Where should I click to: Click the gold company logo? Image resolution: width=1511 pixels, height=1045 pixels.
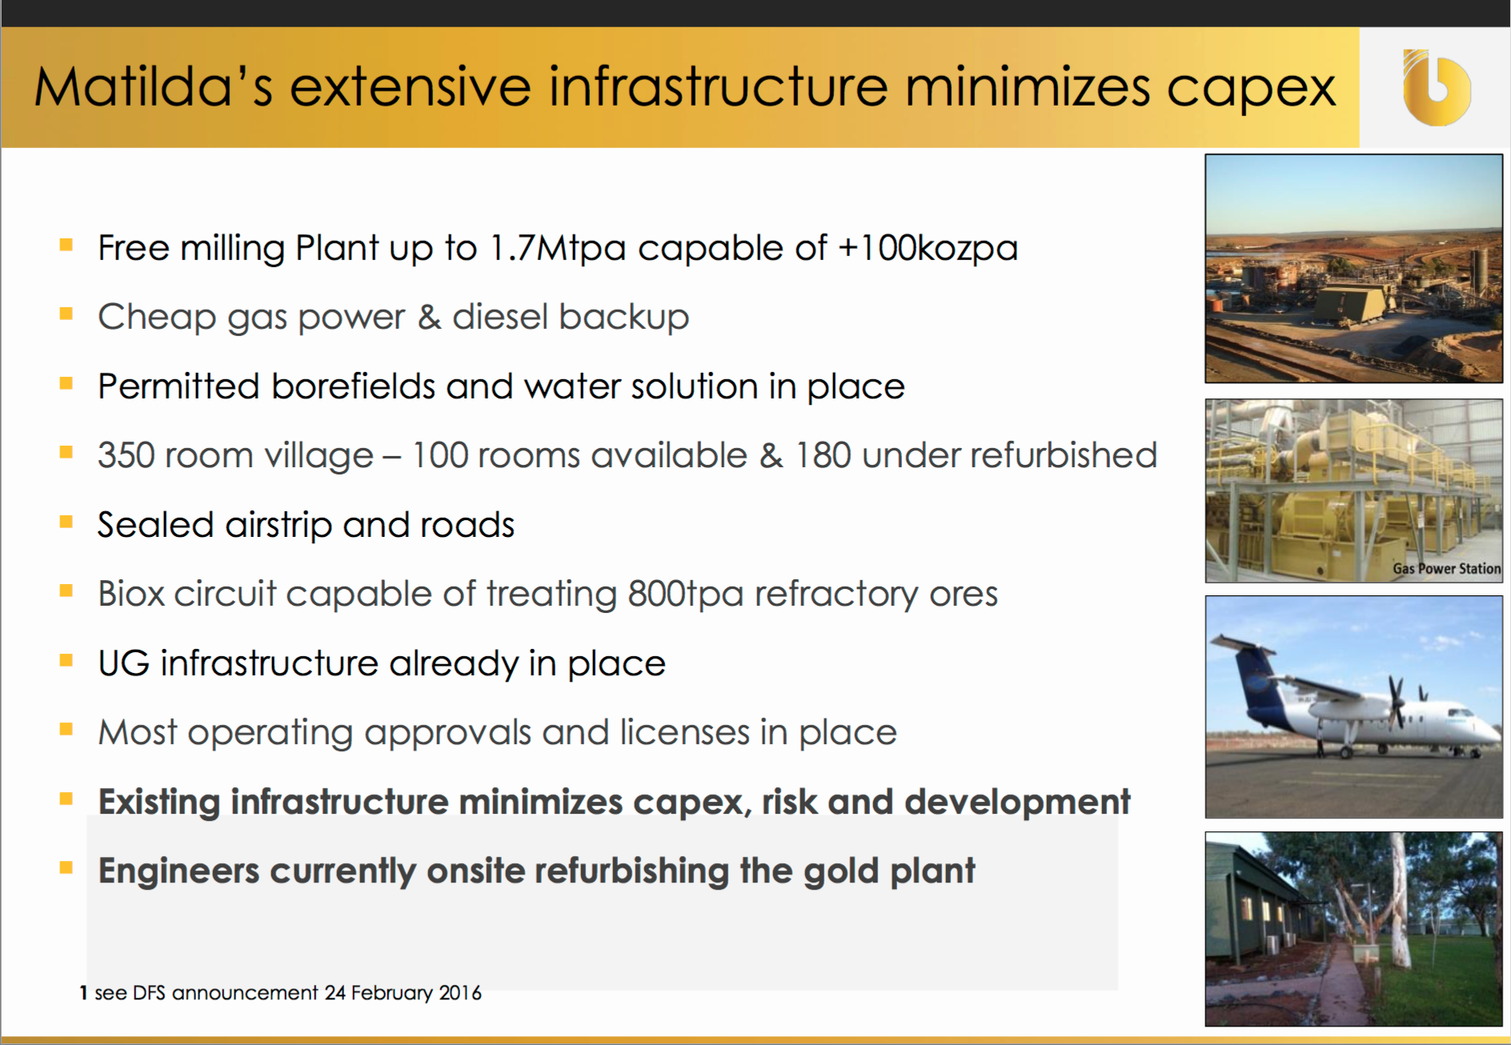1437,87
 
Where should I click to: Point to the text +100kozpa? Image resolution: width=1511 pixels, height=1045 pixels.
928,248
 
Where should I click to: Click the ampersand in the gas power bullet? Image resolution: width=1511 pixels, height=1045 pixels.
429,317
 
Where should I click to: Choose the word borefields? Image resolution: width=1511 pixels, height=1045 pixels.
353,386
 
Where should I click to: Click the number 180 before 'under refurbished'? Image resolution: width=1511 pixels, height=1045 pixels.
823,455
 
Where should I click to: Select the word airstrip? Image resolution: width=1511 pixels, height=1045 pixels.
279,526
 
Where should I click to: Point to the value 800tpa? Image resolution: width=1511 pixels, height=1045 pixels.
686,595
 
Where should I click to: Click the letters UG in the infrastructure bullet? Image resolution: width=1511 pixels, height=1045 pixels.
123,663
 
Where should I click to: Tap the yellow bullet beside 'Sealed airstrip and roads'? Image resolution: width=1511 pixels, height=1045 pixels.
66,522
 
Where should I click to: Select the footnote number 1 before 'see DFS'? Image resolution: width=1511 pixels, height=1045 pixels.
83,993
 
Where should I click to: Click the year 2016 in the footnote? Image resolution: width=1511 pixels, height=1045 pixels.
460,993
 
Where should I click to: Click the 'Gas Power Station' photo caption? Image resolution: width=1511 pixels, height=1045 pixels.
1446,569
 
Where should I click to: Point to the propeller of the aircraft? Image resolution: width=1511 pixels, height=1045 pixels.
1397,702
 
